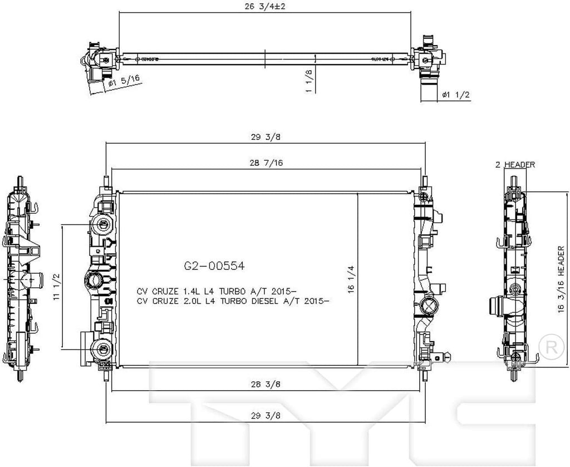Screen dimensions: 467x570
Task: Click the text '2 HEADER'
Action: click(515, 165)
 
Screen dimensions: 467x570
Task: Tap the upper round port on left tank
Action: click(102, 225)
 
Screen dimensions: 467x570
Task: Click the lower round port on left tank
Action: click(102, 349)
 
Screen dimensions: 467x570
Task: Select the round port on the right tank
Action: click(429, 304)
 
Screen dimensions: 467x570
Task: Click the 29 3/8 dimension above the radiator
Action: click(265, 137)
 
